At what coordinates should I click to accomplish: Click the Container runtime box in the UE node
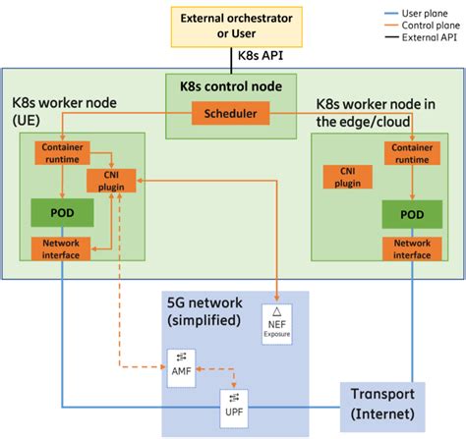point(62,153)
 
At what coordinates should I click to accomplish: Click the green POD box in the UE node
point(62,212)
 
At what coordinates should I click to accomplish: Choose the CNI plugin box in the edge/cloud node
point(348,176)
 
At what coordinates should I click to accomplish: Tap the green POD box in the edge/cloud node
point(410,214)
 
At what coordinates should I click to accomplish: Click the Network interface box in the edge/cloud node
point(410,248)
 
